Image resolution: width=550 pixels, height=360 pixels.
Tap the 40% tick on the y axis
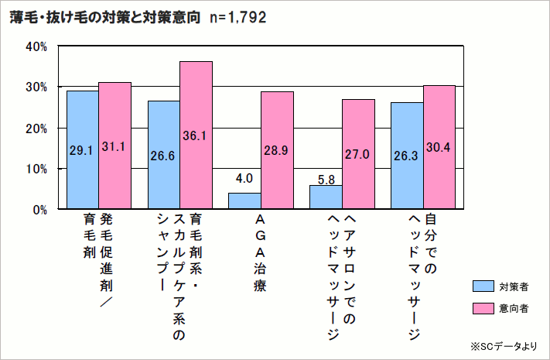coord(37,46)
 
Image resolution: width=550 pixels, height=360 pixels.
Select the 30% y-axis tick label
coord(37,87)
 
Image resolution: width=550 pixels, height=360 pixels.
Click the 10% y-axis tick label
coord(37,169)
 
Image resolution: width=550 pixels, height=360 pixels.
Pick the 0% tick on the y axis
coord(40,209)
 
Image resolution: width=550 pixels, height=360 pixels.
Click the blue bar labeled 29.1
coord(83,150)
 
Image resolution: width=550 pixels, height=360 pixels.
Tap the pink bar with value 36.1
coord(196,135)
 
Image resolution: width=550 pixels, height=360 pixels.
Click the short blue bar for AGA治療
coord(244,201)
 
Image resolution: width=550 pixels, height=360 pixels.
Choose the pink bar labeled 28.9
coord(277,150)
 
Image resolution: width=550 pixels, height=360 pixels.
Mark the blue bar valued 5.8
coord(326,197)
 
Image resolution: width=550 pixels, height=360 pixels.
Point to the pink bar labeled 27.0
coord(358,154)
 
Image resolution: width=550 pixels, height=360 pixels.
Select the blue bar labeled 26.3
coord(407,156)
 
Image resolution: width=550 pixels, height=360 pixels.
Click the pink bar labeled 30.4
coord(439,147)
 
